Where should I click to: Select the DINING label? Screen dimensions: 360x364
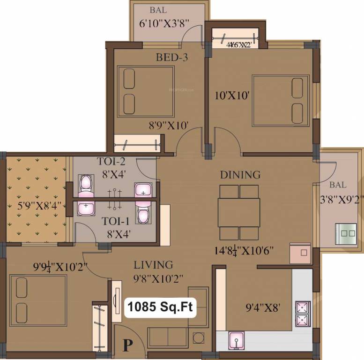[240, 175]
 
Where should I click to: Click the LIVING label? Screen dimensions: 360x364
[153, 265]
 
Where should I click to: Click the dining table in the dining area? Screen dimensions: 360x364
[239, 212]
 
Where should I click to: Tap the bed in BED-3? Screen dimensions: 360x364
[146, 90]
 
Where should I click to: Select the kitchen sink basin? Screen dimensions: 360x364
[236, 341]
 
